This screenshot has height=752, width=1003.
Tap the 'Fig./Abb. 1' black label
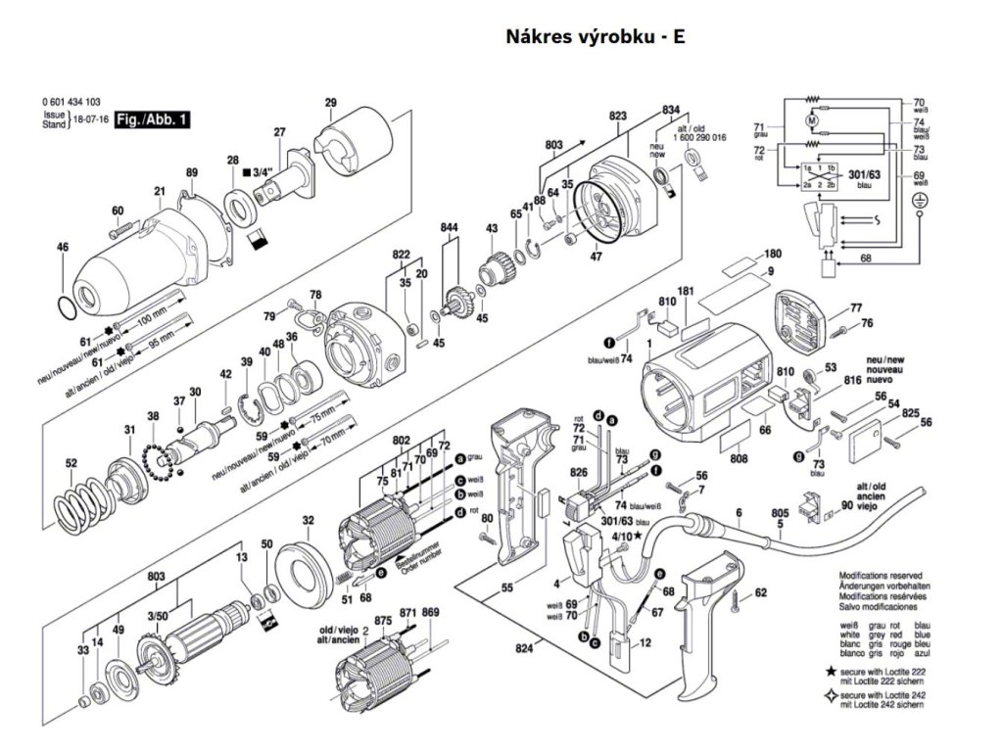coord(152,120)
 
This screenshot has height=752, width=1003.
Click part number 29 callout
coord(330,103)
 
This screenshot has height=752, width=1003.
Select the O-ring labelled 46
coord(65,307)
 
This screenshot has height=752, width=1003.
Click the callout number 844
coord(450,228)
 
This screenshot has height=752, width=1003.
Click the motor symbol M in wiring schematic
coord(811,120)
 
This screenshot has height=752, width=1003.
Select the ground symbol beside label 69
coord(919,201)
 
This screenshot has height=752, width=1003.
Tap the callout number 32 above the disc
coord(309,520)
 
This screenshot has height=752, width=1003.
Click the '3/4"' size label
coord(262,173)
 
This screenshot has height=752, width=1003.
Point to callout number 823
coord(617,117)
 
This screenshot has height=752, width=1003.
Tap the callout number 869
coord(431,612)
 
